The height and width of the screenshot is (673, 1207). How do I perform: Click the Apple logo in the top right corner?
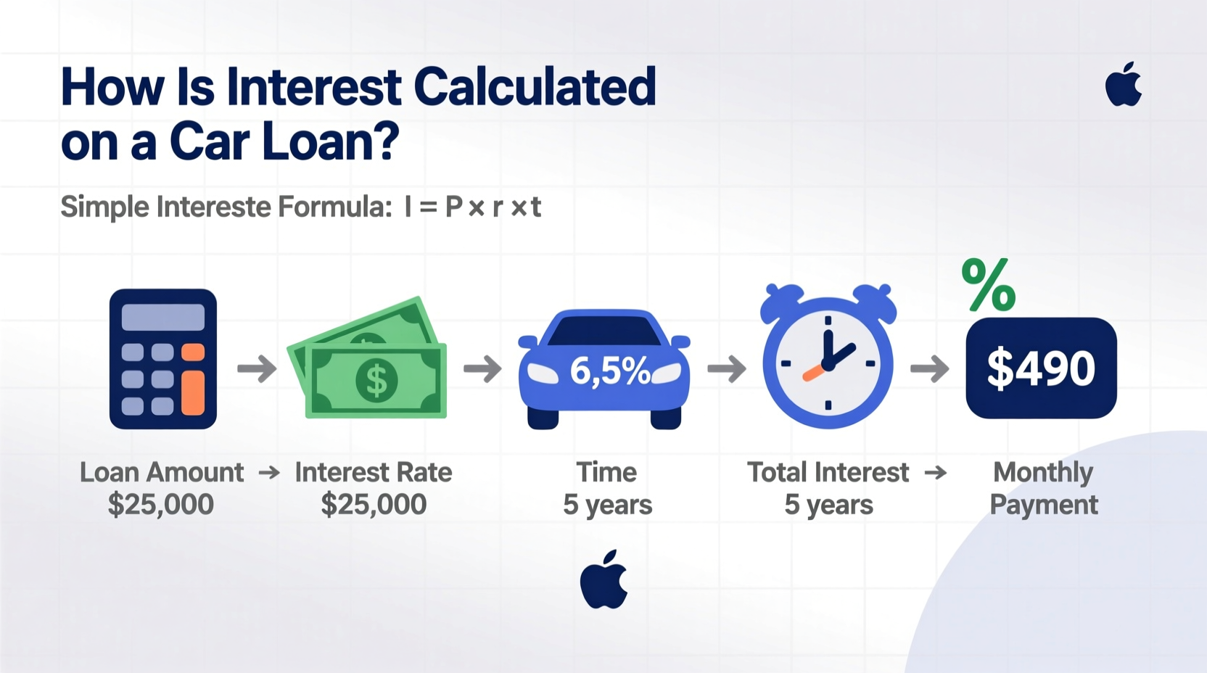pos(1123,86)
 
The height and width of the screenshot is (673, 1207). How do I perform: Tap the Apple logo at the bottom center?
pos(603,580)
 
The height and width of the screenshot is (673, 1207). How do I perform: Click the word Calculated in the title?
pos(535,87)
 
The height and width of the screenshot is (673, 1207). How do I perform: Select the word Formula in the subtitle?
pos(335,207)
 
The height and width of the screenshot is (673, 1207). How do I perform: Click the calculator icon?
pos(163,359)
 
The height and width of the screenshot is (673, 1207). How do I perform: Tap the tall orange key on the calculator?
pos(193,392)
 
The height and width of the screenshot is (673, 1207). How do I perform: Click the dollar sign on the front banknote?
pos(376,380)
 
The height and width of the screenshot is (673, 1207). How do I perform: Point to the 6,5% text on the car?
pos(609,371)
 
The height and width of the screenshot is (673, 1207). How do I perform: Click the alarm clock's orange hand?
pos(814,373)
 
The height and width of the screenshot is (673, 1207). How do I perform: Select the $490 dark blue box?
pos(1041,368)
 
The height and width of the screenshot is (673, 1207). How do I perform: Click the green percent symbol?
pos(988,285)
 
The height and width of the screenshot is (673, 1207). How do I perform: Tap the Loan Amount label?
pos(162,472)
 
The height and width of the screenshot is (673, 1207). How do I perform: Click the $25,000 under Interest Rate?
pos(374,505)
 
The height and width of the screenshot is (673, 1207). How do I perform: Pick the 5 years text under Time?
pos(607,505)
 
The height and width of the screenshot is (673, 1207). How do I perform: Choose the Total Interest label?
pos(828,472)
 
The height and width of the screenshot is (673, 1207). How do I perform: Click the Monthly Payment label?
pos(1043,488)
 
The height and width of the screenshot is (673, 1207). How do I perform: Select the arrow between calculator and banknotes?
pos(257,368)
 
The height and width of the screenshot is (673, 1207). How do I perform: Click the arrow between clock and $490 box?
pos(929,368)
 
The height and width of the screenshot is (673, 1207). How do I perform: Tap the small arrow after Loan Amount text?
pos(269,473)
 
